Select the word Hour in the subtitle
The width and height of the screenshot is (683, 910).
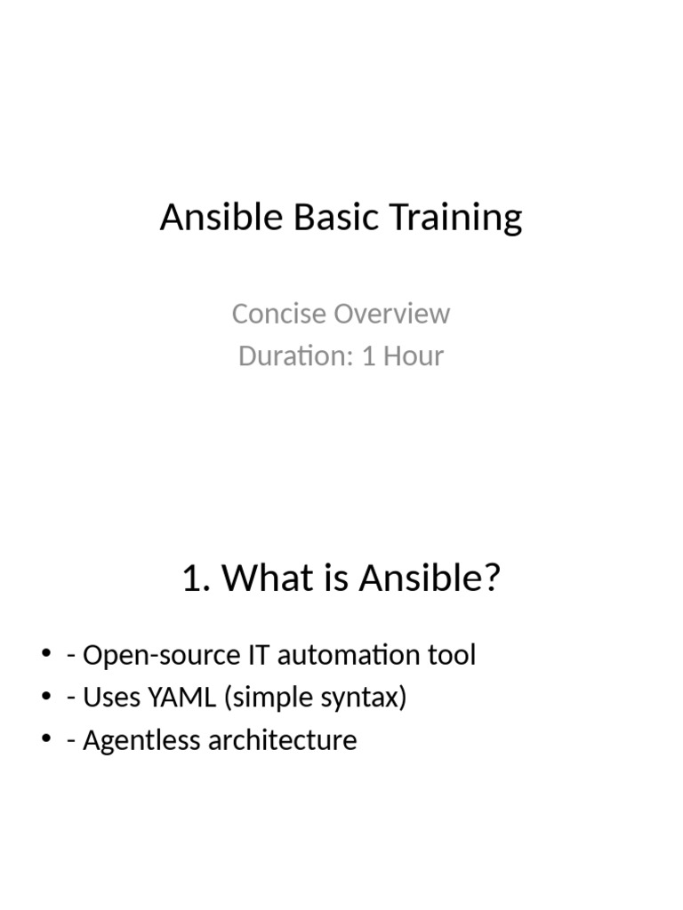414,356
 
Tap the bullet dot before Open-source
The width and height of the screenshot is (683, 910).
46,655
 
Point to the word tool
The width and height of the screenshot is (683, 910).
454,656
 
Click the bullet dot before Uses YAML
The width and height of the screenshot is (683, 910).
46,698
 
